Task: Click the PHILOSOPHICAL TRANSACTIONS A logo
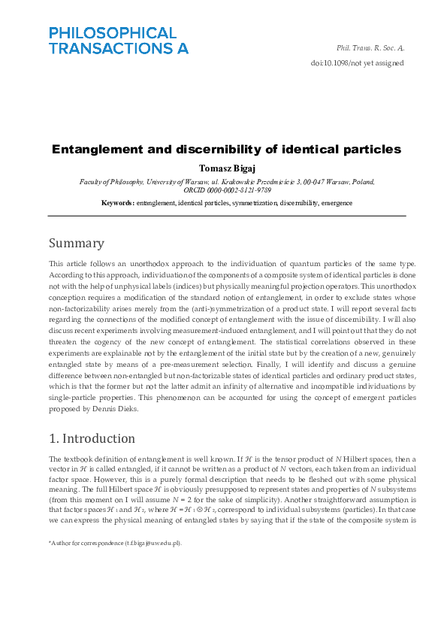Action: (x=118, y=40)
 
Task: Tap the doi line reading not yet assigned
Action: (x=357, y=63)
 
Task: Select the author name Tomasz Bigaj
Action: (x=226, y=168)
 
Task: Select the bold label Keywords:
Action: (x=118, y=203)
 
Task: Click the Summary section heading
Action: (x=76, y=243)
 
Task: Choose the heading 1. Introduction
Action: (x=92, y=438)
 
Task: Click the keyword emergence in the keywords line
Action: (x=337, y=203)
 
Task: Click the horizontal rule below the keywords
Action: (x=226, y=217)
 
